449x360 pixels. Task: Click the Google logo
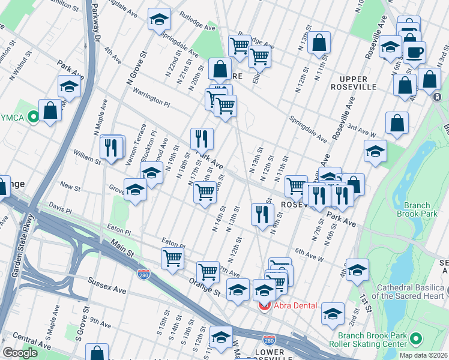(20, 353)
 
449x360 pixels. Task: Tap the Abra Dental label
(295, 305)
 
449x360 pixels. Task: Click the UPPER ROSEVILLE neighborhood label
(358, 83)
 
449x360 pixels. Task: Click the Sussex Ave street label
(107, 285)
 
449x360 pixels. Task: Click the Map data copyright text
(423, 355)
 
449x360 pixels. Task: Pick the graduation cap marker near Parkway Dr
(70, 86)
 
